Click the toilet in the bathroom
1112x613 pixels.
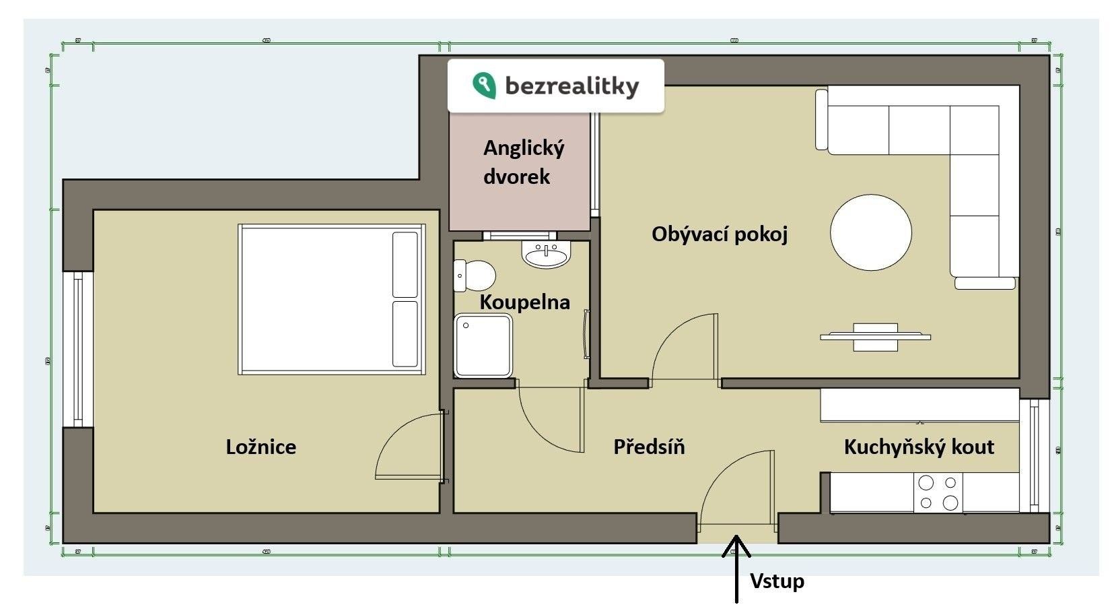click(x=477, y=276)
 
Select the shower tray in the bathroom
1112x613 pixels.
click(x=483, y=346)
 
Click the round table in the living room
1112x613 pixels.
click(x=871, y=232)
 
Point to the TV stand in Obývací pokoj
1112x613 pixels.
click(x=875, y=337)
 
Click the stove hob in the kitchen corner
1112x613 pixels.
click(x=938, y=492)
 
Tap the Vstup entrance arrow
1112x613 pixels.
click(x=736, y=566)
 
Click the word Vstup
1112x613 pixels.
click(x=777, y=581)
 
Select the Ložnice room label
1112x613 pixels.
click(x=260, y=447)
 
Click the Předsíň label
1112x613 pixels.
click(x=649, y=447)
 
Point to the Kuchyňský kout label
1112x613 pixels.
click(x=919, y=447)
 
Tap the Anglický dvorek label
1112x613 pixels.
click(x=523, y=162)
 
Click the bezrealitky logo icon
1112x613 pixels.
click(x=484, y=86)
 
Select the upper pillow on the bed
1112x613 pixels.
click(x=405, y=265)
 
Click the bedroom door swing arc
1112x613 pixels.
click(x=404, y=445)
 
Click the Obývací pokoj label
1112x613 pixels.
click(x=719, y=234)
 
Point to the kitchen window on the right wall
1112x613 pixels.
click(x=1035, y=455)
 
